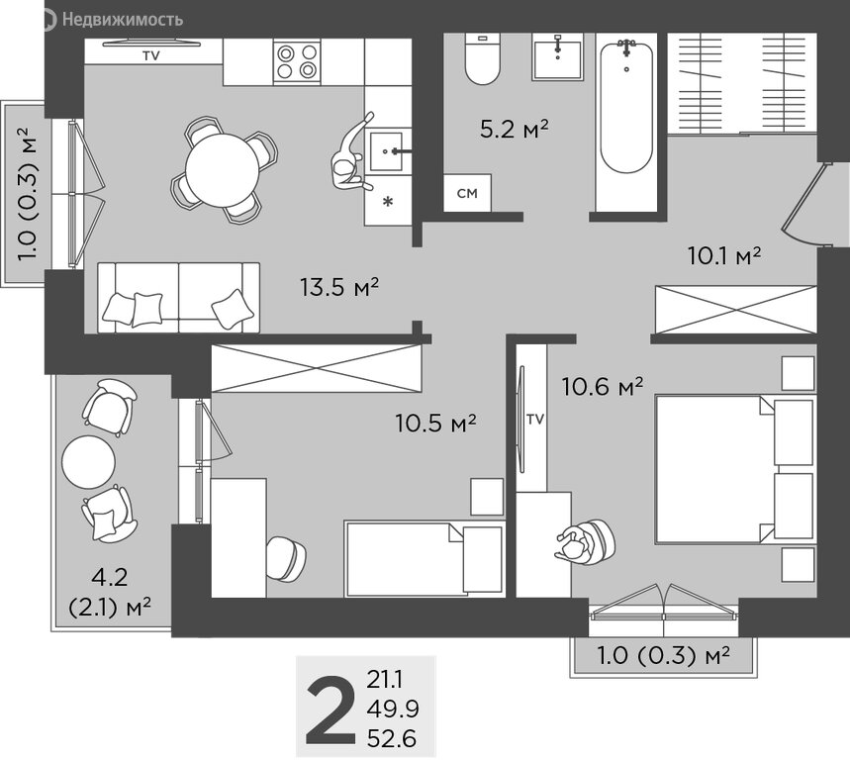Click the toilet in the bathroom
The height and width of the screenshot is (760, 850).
[x=483, y=58]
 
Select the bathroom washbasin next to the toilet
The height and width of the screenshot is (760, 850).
[x=557, y=56]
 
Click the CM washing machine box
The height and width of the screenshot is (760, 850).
[x=467, y=193]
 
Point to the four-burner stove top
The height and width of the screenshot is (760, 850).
[x=297, y=61]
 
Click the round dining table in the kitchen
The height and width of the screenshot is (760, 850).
[x=223, y=170]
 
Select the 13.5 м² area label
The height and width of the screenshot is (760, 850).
[x=339, y=287]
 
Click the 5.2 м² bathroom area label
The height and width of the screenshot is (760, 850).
[x=515, y=129]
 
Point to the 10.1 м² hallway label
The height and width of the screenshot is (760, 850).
[x=724, y=255]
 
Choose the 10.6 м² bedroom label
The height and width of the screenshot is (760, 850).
[x=603, y=387]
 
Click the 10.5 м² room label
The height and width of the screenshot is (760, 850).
[x=435, y=424]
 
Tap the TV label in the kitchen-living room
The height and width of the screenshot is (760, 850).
[x=151, y=55]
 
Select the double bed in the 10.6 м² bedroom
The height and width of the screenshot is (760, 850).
[x=735, y=469]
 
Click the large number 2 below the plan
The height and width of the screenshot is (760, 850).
[x=331, y=710]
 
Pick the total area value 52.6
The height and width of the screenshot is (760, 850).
[x=392, y=738]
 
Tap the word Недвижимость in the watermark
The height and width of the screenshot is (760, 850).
[x=123, y=20]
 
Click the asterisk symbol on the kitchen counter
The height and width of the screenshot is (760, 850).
[x=388, y=203]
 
